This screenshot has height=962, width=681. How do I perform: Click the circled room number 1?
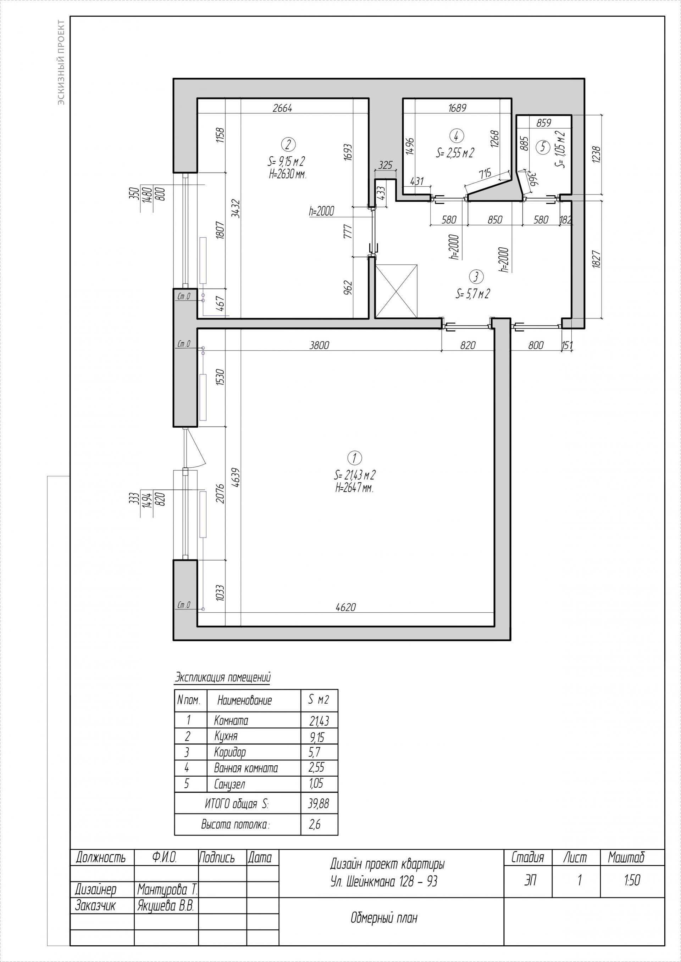(355, 458)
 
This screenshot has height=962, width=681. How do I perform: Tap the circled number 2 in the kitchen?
(288, 145)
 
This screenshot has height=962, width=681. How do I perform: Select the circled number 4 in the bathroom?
(456, 135)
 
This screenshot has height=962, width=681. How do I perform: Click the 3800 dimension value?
(319, 345)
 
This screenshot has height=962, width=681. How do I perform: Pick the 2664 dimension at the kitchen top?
(282, 108)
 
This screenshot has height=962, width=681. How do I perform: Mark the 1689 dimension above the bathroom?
(457, 108)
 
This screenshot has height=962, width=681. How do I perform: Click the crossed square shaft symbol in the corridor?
(397, 291)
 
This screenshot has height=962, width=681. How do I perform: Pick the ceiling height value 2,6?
(315, 825)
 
